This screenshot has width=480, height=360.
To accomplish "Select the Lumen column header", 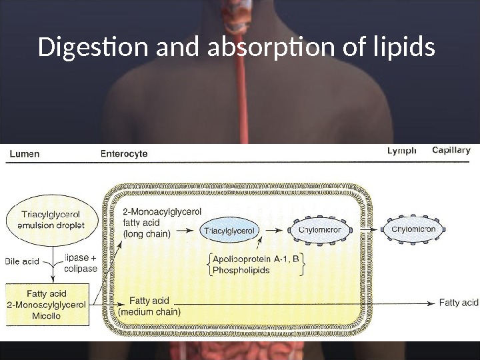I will [24, 153].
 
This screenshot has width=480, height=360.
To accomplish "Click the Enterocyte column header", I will [124, 153].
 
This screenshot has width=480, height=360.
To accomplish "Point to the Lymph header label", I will [401, 151].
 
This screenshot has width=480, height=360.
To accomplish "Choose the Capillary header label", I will [451, 151].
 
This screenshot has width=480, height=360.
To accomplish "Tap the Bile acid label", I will [22, 261].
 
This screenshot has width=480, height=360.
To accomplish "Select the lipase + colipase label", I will [81, 263].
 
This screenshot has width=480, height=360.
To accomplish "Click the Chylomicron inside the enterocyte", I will [320, 230].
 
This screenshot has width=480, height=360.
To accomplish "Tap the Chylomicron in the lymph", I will [413, 229].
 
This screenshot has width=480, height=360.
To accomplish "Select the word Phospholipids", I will [241, 270].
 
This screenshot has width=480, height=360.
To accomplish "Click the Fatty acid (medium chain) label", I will [149, 306].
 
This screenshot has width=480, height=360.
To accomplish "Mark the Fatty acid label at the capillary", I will [459, 303].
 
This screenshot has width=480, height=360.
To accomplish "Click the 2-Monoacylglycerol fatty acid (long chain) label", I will [161, 222].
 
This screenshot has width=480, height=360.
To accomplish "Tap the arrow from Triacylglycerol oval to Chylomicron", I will [273, 230].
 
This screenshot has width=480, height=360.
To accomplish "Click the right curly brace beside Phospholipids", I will [304, 265].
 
